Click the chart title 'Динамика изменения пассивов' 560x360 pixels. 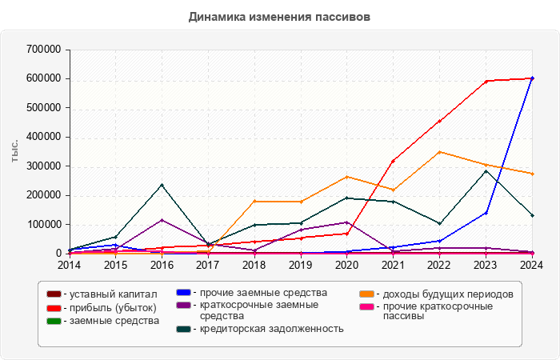[280, 17]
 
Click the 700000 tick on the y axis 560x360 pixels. [44, 50]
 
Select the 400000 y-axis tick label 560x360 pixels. [44, 137]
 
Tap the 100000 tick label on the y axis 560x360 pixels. [44, 225]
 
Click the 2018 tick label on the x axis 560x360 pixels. [254, 264]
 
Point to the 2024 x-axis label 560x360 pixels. [532, 264]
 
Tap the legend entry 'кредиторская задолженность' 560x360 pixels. [271, 328]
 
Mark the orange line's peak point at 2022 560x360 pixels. [440, 152]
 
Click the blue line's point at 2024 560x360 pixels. [533, 78]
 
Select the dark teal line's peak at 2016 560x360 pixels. [162, 185]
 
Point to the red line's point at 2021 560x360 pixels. [394, 161]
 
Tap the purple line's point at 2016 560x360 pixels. [162, 220]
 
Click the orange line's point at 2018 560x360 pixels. [254, 201]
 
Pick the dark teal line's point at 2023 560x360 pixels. [486, 170]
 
